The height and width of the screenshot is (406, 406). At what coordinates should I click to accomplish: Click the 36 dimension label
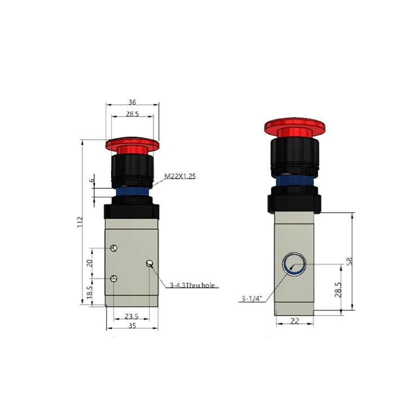pyautogui.click(x=132, y=102)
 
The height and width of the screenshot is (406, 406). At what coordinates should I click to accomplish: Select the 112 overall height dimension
pyautogui.click(x=80, y=222)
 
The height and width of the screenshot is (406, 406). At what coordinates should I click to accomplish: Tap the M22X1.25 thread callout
pyautogui.click(x=180, y=176)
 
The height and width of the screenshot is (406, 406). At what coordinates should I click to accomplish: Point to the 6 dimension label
pyautogui.click(x=92, y=180)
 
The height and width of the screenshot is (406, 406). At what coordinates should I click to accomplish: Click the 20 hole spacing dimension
pyautogui.click(x=89, y=263)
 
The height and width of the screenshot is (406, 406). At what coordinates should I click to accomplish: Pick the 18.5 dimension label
pyautogui.click(x=89, y=292)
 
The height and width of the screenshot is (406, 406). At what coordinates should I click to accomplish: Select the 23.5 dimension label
pyautogui.click(x=131, y=316)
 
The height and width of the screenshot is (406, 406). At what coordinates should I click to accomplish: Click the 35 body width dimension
pyautogui.click(x=132, y=325)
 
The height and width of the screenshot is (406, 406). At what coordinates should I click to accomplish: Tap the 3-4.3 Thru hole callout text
pyautogui.click(x=192, y=285)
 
